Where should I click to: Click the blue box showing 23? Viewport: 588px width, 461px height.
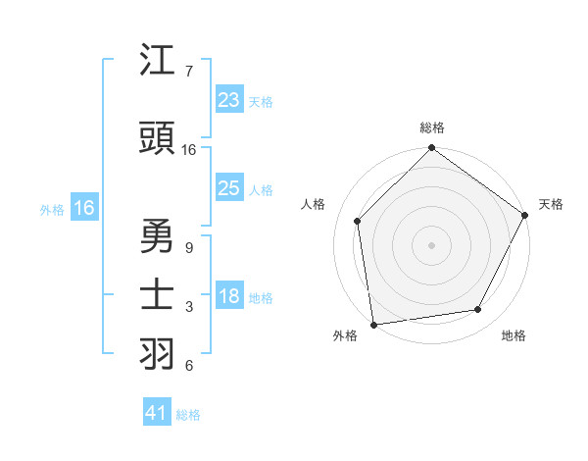pos(229,100)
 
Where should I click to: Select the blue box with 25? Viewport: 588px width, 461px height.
pos(229,188)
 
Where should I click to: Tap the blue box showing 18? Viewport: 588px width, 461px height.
pos(229,297)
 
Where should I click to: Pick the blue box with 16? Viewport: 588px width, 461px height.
pos(84,208)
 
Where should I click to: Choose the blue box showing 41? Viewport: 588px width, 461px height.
pos(158,413)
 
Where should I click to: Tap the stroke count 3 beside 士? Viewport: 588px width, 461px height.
pos(188,307)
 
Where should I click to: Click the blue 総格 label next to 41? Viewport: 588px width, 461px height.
pos(188,415)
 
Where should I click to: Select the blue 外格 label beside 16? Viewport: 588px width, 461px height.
pos(52,209)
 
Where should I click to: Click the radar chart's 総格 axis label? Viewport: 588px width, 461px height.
pos(432,128)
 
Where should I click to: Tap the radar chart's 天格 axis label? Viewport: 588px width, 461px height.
pos(551,204)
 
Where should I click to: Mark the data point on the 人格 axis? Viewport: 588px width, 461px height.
pos(358,221)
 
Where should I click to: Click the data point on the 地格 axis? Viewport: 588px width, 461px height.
pos(478,310)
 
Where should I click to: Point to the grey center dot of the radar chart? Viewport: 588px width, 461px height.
pos(432,244)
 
